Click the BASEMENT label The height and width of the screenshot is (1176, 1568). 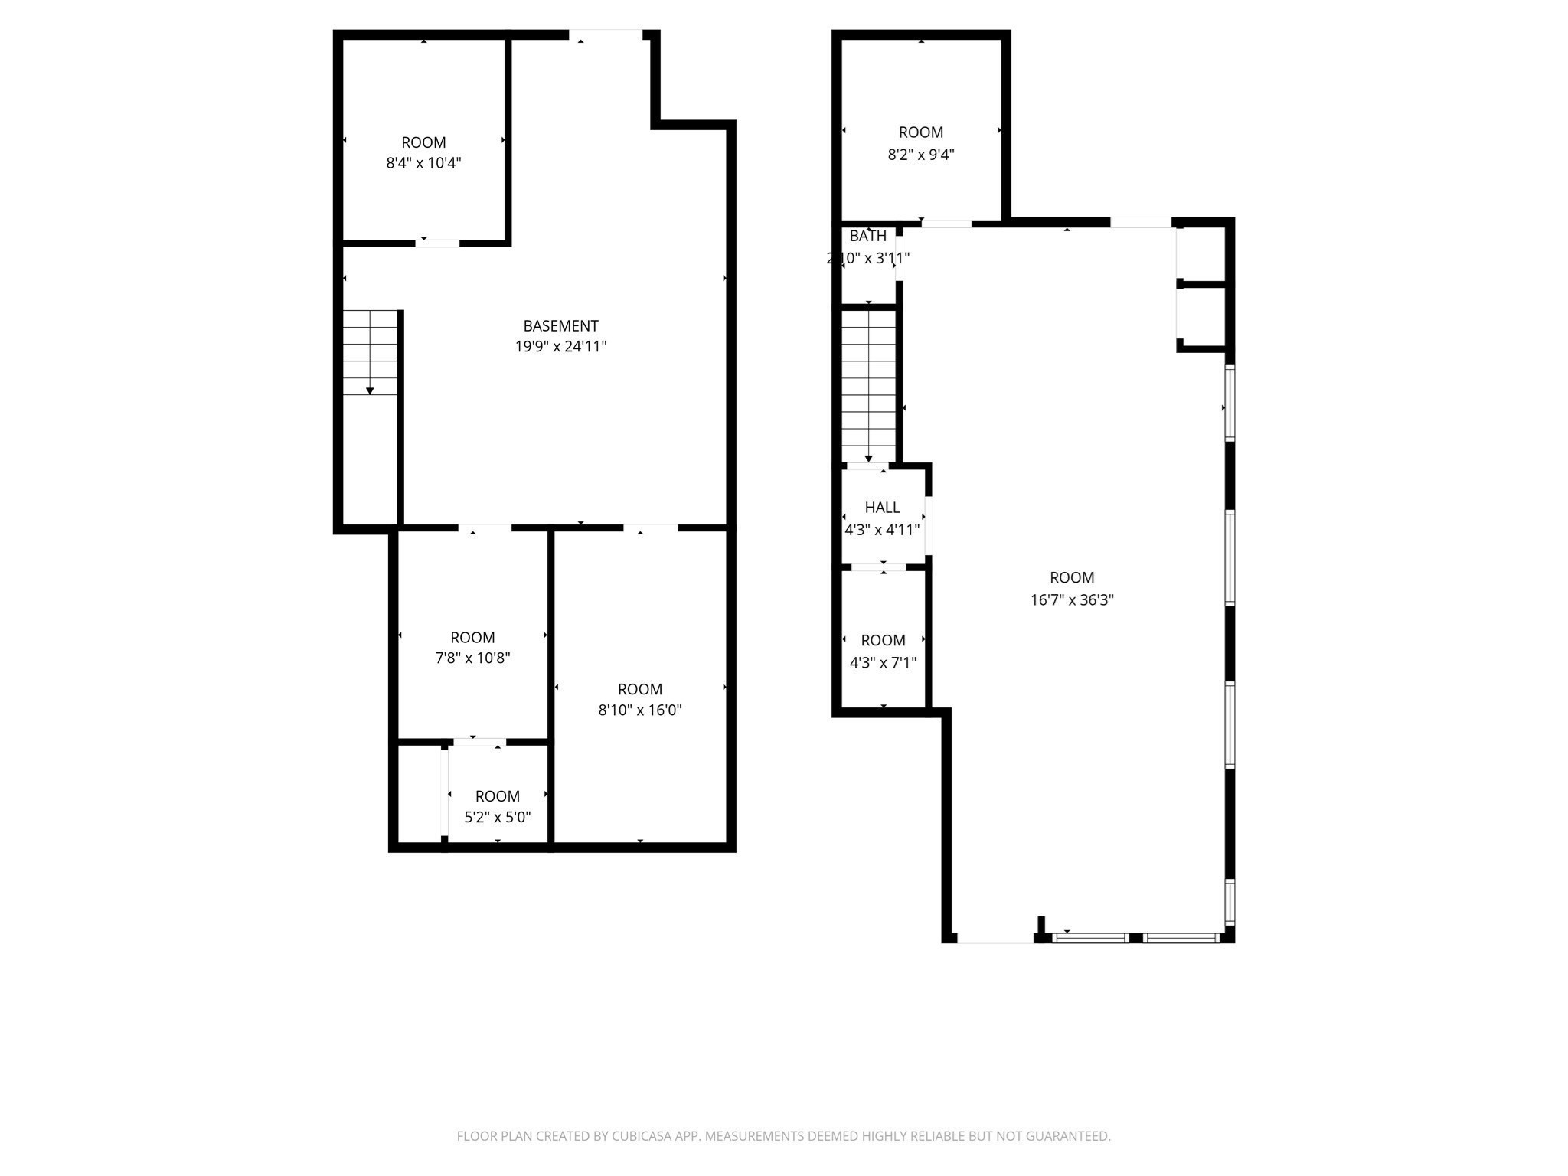560,325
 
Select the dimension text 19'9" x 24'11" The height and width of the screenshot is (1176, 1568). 560,347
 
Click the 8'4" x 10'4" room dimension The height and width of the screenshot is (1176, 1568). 423,163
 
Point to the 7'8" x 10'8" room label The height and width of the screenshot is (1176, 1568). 472,637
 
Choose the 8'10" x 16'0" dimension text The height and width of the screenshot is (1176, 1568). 640,710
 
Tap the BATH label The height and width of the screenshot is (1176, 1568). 867,237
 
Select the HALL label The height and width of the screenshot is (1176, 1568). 882,508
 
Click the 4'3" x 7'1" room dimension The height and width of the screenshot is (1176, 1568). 883,662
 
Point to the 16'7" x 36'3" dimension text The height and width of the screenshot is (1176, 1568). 1072,600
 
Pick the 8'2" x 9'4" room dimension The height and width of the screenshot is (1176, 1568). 920,155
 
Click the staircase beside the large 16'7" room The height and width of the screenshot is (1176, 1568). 868,383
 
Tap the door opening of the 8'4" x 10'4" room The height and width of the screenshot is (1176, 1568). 437,243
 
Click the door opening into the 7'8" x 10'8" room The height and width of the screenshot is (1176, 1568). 485,528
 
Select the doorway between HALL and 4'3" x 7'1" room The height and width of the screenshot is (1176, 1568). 878,567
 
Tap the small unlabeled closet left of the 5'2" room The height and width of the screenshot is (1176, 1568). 420,793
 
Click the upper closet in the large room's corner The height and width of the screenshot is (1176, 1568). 1202,253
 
